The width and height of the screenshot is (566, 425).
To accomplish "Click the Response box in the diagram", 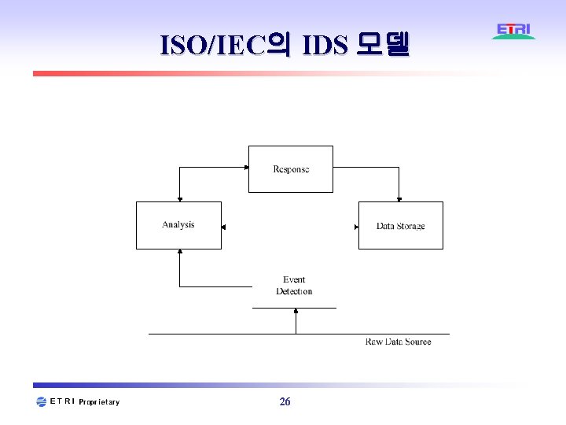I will click(291, 169).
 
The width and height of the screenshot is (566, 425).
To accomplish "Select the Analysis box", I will click(178, 225).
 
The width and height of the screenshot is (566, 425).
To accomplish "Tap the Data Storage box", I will click(400, 226).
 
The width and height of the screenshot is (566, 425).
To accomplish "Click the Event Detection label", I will click(294, 286).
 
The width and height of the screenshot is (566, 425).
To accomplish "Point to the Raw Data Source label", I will click(398, 342).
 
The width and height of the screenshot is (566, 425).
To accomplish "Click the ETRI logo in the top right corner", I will click(514, 31).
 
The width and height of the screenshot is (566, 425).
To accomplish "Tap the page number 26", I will click(285, 402).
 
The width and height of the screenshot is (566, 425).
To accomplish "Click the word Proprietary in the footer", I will click(100, 402).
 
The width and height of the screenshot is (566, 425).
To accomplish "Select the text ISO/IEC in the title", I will click(211, 45).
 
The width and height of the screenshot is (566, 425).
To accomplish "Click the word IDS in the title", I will click(324, 45).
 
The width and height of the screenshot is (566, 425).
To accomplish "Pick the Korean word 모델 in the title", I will click(383, 45).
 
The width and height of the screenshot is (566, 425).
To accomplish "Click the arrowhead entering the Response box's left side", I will click(245, 168).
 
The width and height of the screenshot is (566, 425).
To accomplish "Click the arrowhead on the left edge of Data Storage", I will click(356, 227).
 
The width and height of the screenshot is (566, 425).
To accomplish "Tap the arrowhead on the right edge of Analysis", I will click(224, 227).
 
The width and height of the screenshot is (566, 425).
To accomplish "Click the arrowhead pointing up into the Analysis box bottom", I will click(180, 253).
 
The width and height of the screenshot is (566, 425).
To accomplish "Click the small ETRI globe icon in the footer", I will click(42, 402).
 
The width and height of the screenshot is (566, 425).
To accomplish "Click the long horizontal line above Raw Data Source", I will click(299, 334).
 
